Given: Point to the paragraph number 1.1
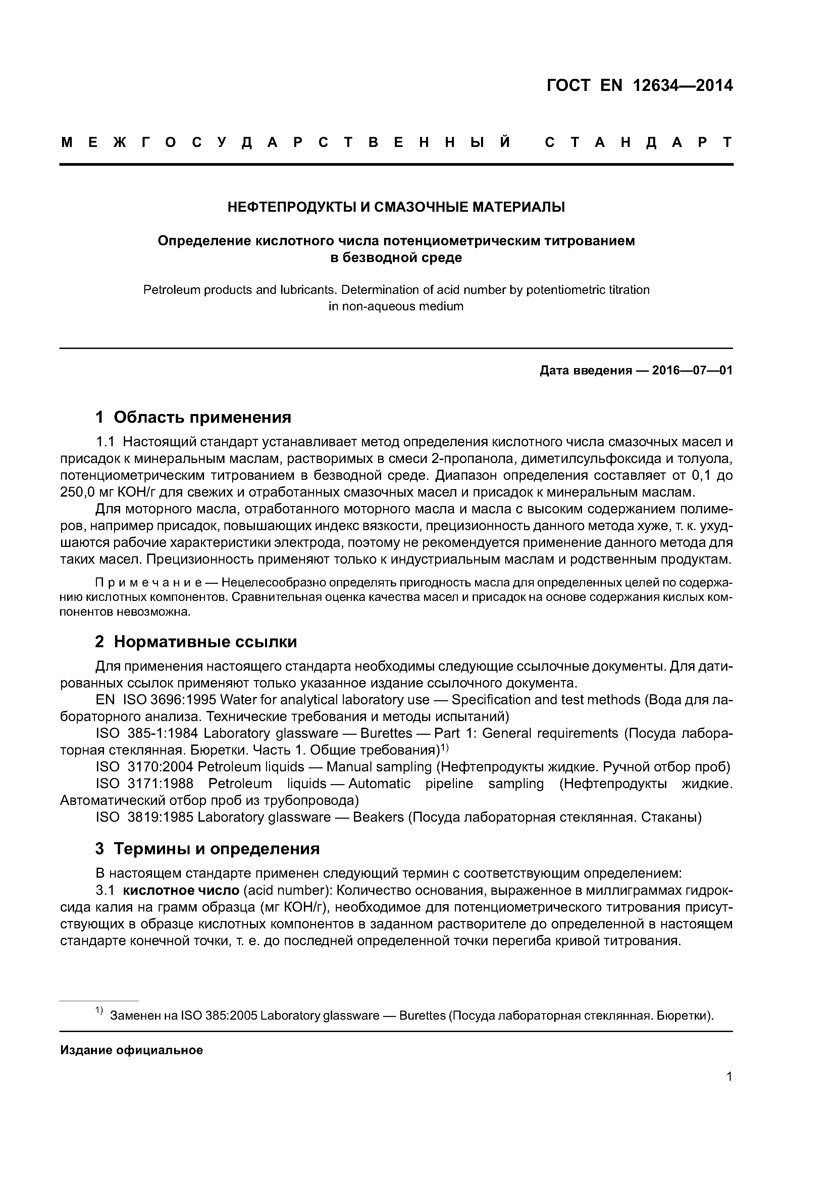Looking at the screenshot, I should (x=107, y=442).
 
